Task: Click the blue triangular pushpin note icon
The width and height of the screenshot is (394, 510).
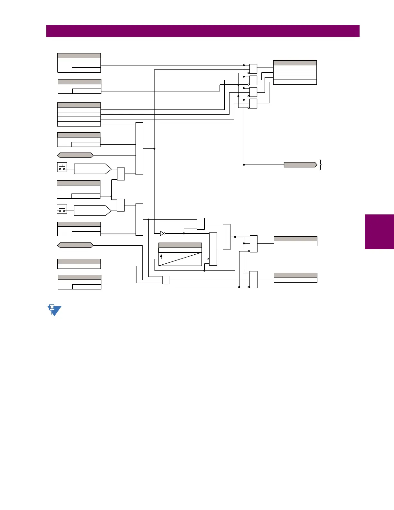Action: (x=54, y=310)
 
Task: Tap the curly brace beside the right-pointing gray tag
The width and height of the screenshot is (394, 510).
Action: (x=321, y=165)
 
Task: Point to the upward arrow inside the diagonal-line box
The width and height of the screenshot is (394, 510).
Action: (x=161, y=257)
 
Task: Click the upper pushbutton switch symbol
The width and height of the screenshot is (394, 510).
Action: (x=62, y=167)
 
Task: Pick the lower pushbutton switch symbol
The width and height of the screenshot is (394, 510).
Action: (x=62, y=209)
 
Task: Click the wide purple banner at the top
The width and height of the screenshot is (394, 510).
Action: (x=203, y=31)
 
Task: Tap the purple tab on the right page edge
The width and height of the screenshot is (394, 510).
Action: (x=380, y=232)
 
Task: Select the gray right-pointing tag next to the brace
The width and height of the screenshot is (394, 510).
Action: (x=300, y=165)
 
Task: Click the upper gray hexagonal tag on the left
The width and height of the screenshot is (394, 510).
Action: (x=75, y=155)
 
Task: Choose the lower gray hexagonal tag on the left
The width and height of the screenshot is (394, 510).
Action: (x=75, y=245)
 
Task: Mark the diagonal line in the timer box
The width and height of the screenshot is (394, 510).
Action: (x=180, y=259)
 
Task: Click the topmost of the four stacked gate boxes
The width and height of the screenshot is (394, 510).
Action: (x=253, y=69)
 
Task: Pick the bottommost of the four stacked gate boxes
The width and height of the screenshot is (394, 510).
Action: (x=253, y=104)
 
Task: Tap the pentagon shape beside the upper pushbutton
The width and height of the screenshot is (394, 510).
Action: (x=93, y=169)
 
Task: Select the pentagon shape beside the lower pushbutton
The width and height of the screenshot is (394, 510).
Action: (x=93, y=211)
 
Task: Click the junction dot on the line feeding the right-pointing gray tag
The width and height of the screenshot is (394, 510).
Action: (x=244, y=165)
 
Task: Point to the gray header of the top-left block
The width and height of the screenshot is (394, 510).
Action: (x=79, y=56)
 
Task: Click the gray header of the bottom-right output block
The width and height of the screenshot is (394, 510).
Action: (x=295, y=275)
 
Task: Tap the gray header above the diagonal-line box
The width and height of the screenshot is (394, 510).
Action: (x=180, y=245)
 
